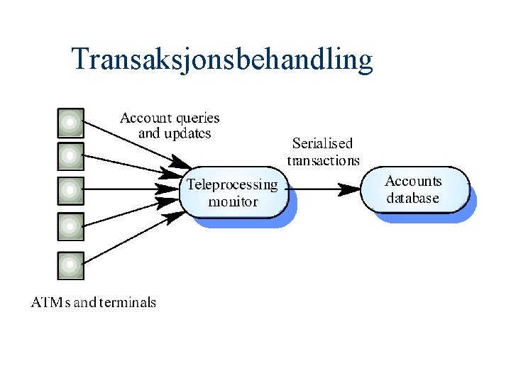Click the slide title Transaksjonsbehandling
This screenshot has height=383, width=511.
coord(222,60)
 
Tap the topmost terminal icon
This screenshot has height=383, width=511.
coord(70,123)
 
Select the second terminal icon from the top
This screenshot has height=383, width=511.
coord(70,156)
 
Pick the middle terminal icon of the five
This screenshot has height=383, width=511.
coord(70,190)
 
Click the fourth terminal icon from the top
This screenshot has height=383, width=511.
coord(70,227)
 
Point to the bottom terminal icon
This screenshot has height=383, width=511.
coord(70,265)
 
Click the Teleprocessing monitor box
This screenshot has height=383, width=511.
coord(233,192)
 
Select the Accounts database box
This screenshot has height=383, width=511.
coord(414,189)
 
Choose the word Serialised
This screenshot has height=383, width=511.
coord(322,144)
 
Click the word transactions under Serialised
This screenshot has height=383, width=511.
coord(323,160)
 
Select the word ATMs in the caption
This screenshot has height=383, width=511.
coord(50,302)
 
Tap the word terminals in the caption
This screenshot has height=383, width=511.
coord(127,302)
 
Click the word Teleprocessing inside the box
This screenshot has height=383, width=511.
coord(233,185)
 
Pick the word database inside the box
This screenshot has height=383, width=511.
coord(412,199)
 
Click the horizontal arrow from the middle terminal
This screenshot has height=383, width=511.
coord(121,189)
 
